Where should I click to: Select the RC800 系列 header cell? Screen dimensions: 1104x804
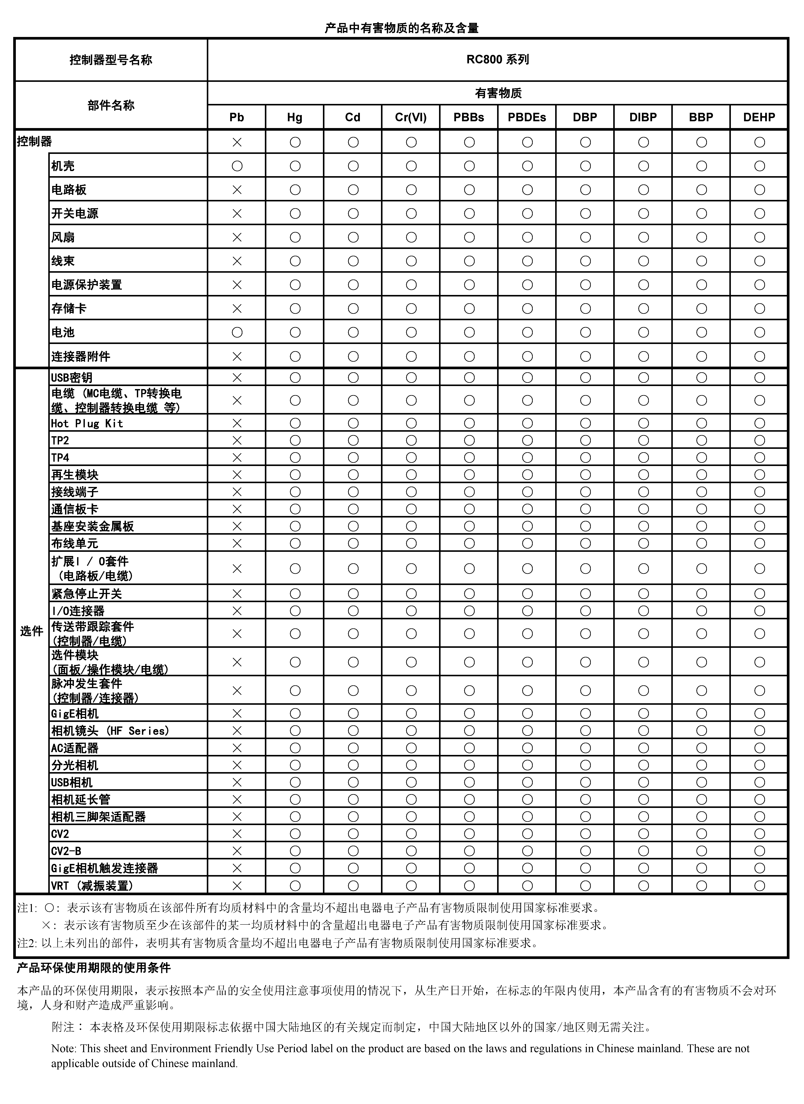[x=497, y=59]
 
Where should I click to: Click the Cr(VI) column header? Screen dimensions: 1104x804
[x=411, y=117]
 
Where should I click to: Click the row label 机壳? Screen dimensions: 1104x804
[x=63, y=166]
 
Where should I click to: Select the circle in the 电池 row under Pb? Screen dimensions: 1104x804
[x=237, y=332]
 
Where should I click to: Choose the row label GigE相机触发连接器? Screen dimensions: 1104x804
[x=105, y=868]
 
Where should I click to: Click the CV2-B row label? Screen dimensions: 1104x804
[x=66, y=851]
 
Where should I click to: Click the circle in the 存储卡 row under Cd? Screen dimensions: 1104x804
[x=353, y=309]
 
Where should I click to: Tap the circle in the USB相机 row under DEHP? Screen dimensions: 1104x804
[x=759, y=782]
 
